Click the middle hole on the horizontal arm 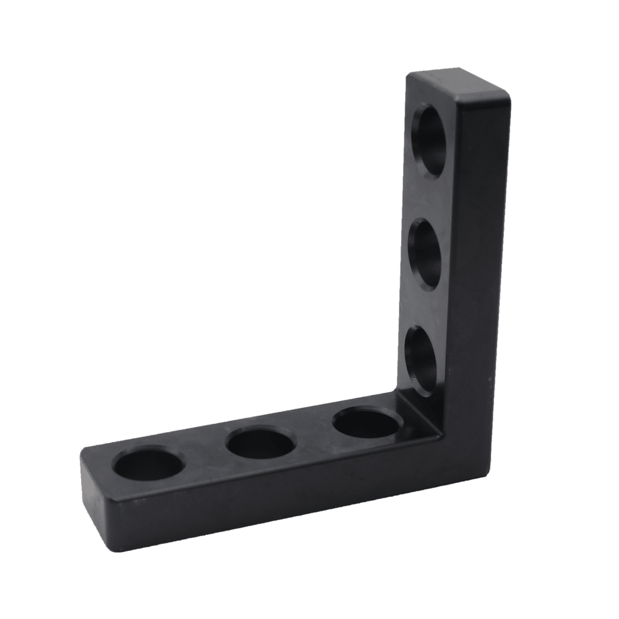point(260,444)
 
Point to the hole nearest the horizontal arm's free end point(148,465)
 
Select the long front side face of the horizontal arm point(279,495)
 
